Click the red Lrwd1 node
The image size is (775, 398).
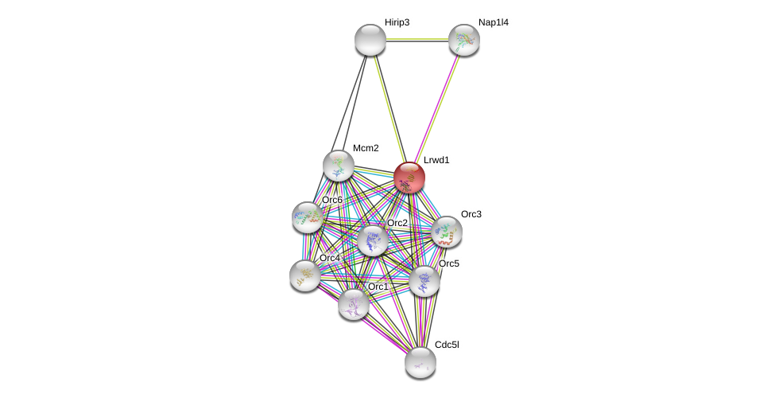pyautogui.click(x=409, y=178)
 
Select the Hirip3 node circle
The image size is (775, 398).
pyautogui.click(x=370, y=40)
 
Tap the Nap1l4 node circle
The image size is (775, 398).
pyautogui.click(x=463, y=40)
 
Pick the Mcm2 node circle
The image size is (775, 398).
pyautogui.click(x=338, y=166)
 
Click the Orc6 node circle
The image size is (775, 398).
pyautogui.click(x=307, y=217)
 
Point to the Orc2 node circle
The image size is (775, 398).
pyautogui.click(x=372, y=240)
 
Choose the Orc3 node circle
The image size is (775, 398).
pyautogui.click(x=446, y=232)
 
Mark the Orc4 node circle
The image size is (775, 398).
pyautogui.click(x=304, y=275)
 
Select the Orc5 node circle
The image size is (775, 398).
pyautogui.click(x=424, y=280)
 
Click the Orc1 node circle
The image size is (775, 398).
pyautogui.click(x=353, y=303)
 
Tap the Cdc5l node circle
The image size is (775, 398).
pyautogui.click(x=420, y=362)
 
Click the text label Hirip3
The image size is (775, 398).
pyautogui.click(x=397, y=22)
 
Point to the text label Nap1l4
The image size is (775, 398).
pyautogui.click(x=493, y=22)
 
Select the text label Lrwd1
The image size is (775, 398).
pyautogui.click(x=436, y=160)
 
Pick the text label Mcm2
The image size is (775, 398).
pyautogui.click(x=366, y=148)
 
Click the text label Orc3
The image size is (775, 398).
pyautogui.click(x=471, y=214)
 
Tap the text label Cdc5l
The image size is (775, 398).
pyautogui.click(x=446, y=345)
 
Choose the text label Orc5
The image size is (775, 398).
pyautogui.click(x=449, y=263)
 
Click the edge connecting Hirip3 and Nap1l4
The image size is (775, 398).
pyautogui.click(x=417, y=40)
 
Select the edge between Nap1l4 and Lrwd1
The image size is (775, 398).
pyautogui.click(x=436, y=108)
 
